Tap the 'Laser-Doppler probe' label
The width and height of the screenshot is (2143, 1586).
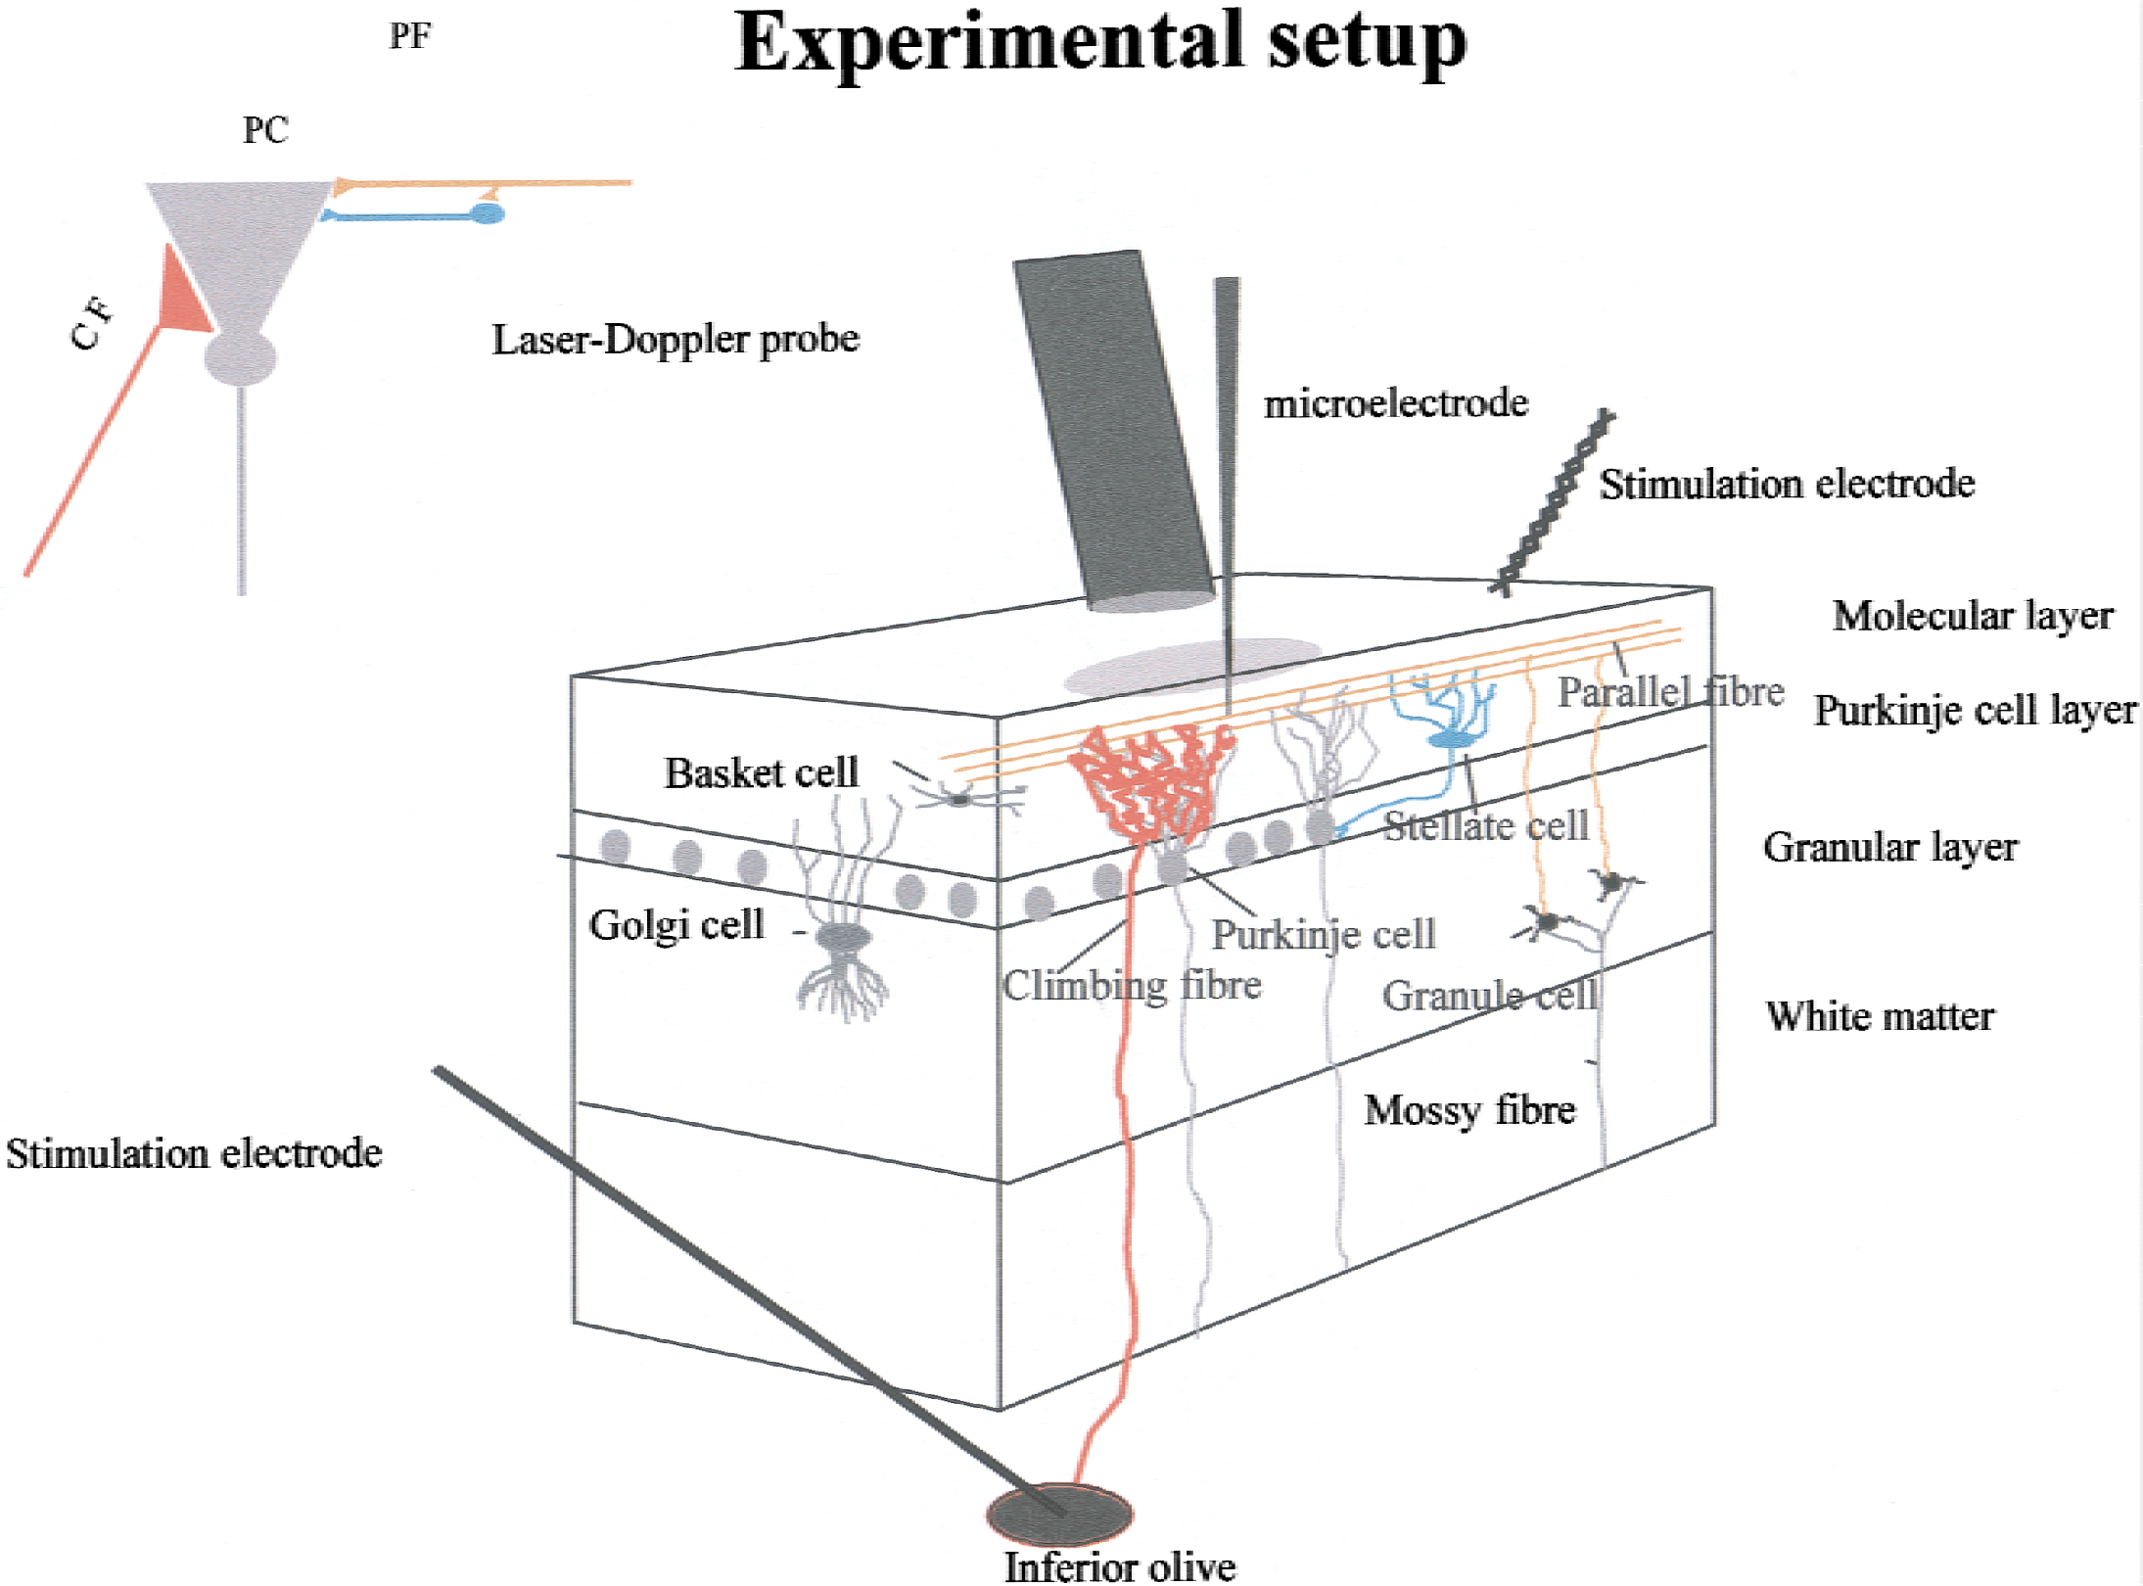pos(676,340)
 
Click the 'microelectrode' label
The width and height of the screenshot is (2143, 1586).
pos(1396,403)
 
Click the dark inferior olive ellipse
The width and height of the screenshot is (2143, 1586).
pos(1059,1513)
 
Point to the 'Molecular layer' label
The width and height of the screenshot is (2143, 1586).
pos(1973,616)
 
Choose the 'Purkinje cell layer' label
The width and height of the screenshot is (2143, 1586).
pos(1976,711)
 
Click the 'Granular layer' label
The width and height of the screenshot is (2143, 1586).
pos(1890,848)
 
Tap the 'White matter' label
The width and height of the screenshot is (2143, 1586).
pos(1880,1016)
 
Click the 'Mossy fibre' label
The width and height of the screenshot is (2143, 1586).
pos(1469,1110)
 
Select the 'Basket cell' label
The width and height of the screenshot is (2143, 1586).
pos(761,772)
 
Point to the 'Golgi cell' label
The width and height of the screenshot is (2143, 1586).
pos(676,925)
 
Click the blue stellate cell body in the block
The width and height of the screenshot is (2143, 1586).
pos(1451,738)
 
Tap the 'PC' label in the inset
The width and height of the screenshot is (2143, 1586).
pos(265,130)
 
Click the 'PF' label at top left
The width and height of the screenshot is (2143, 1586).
pos(410,36)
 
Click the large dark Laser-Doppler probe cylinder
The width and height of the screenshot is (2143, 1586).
pos(1114,431)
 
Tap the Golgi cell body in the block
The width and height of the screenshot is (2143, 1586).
pos(844,939)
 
